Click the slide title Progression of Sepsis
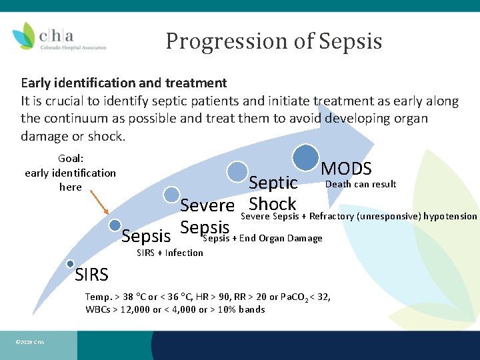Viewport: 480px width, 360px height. [273, 41]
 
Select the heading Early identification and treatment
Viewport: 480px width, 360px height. [124, 83]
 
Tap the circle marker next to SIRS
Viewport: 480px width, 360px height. [70, 265]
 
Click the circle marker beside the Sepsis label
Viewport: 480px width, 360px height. [115, 225]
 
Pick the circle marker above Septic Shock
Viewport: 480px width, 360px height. [237, 171]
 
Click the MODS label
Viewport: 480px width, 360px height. [346, 169]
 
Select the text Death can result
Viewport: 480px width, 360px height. [360, 184]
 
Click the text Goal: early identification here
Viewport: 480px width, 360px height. [70, 173]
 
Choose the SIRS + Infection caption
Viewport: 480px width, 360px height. [169, 253]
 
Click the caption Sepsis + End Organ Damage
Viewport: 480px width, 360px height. [262, 239]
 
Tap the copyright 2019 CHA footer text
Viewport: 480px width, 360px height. [29, 342]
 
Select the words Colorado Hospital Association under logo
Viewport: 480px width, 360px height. [73, 47]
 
